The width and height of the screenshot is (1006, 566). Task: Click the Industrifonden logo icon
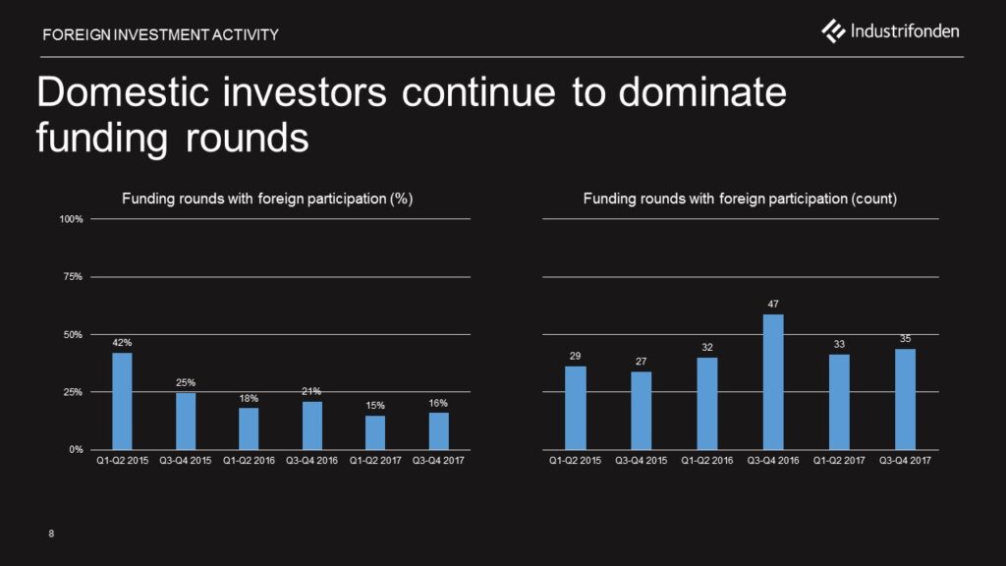coord(833,30)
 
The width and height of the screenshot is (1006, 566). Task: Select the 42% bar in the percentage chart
coord(122,401)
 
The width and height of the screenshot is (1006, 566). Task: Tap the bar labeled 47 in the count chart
coord(773,382)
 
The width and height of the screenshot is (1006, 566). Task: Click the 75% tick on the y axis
coord(73,276)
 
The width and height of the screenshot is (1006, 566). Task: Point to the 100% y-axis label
coord(71,219)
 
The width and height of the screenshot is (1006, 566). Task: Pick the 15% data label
coord(375,406)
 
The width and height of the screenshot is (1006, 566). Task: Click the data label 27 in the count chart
coord(641,362)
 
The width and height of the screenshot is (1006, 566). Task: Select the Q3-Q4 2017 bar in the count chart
coord(905,399)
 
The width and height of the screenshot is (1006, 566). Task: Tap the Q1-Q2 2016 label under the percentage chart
coord(249,460)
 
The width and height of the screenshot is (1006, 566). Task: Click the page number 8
coord(51,534)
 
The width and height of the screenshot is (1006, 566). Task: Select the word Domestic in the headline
coord(123,91)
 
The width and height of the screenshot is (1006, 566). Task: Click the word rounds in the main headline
coord(247,138)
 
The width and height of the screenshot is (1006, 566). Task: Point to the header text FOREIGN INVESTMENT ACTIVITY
coord(160,34)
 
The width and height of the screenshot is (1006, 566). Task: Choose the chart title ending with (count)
coord(740,198)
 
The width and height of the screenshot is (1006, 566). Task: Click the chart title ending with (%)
coord(267,198)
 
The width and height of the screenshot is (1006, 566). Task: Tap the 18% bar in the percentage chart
coord(249,428)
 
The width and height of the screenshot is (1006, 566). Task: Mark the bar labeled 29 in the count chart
coord(576,408)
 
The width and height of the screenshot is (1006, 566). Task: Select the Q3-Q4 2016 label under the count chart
coord(773,460)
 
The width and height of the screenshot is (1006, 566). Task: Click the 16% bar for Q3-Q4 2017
coord(439,431)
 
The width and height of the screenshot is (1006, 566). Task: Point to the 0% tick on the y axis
coord(76,449)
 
